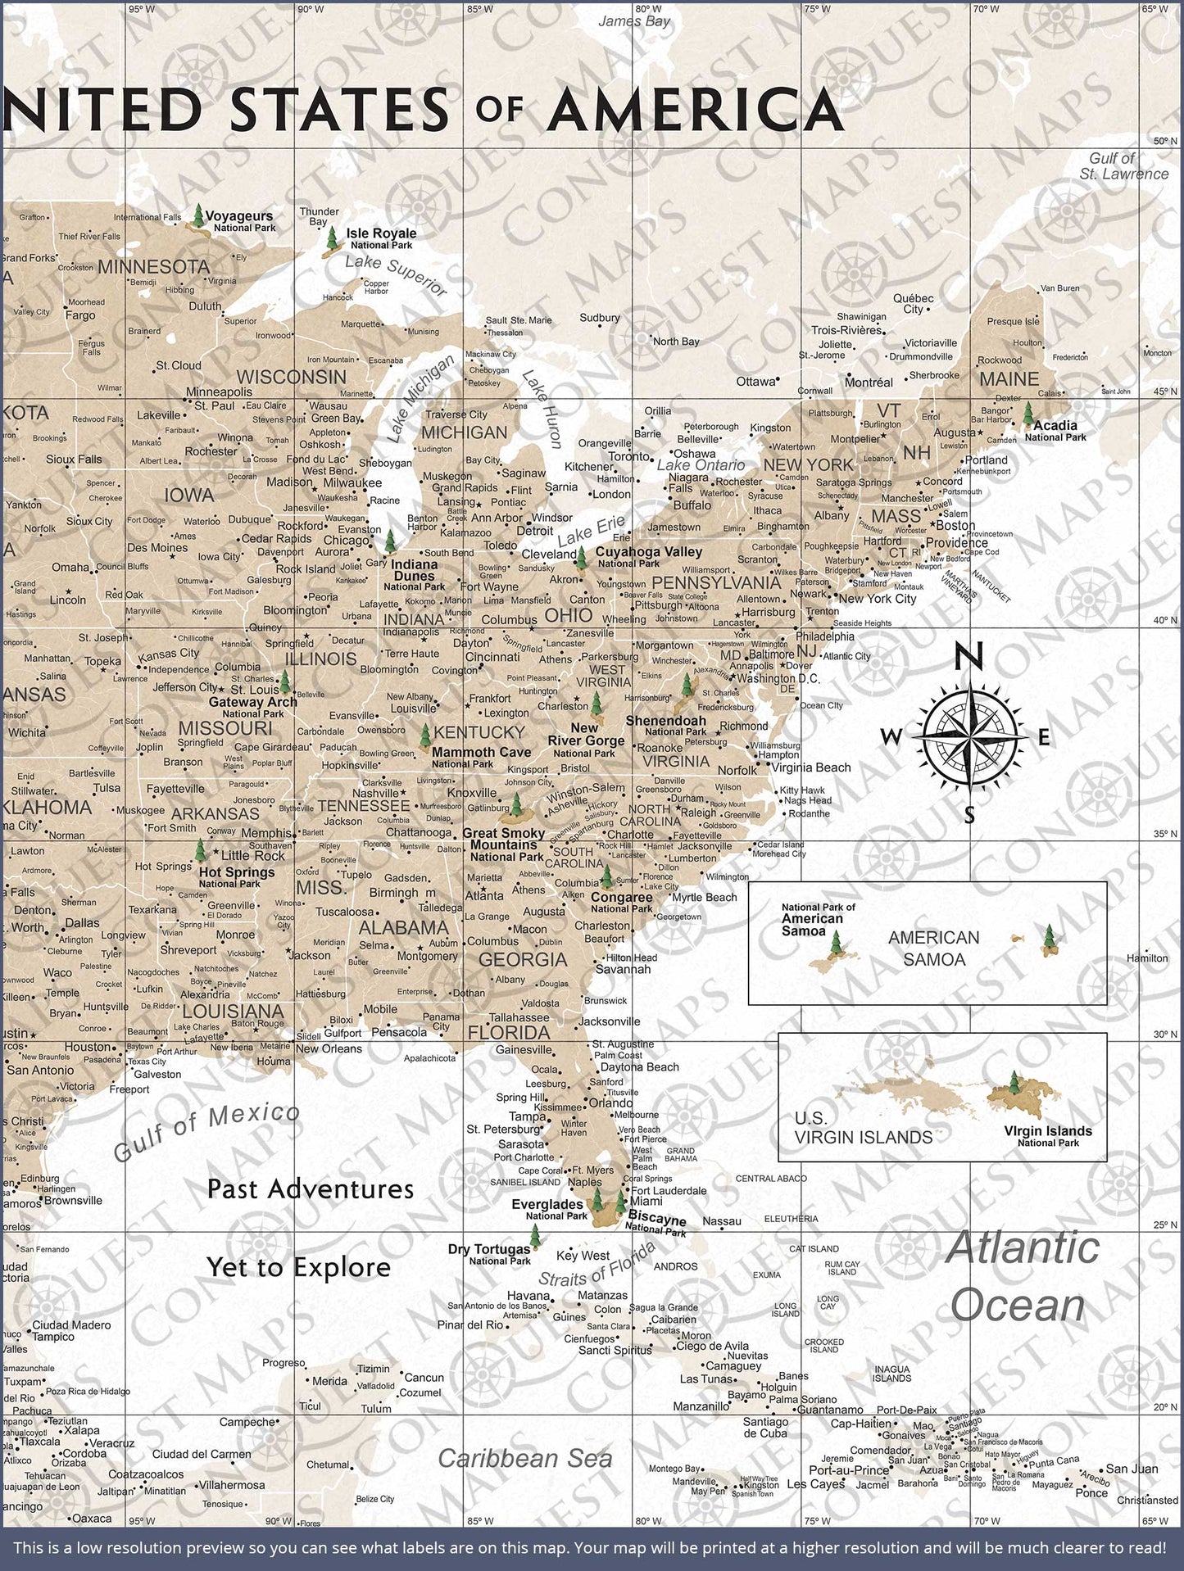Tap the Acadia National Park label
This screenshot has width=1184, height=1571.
[1055, 430]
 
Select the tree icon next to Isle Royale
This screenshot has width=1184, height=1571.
[332, 239]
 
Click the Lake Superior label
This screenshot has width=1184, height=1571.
[396, 275]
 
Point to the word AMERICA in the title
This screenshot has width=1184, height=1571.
[696, 111]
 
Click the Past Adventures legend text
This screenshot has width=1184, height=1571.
[310, 1188]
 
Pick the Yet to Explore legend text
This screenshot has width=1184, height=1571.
[298, 1267]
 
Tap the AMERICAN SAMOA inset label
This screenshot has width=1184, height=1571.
[933, 948]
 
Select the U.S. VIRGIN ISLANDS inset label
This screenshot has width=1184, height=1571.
[863, 1128]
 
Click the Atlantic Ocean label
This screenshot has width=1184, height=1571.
[1021, 1275]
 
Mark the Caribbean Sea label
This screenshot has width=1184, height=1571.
[524, 1458]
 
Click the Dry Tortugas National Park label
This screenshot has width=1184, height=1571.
[489, 1254]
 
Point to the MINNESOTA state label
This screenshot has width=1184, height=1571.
[154, 267]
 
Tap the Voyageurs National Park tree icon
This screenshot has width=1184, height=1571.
[197, 217]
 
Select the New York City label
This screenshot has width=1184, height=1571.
[877, 599]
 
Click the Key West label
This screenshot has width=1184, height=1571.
[583, 1256]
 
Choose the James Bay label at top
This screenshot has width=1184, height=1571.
[633, 21]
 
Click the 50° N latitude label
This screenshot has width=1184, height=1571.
[1165, 141]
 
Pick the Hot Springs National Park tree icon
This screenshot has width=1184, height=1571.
[199, 850]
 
